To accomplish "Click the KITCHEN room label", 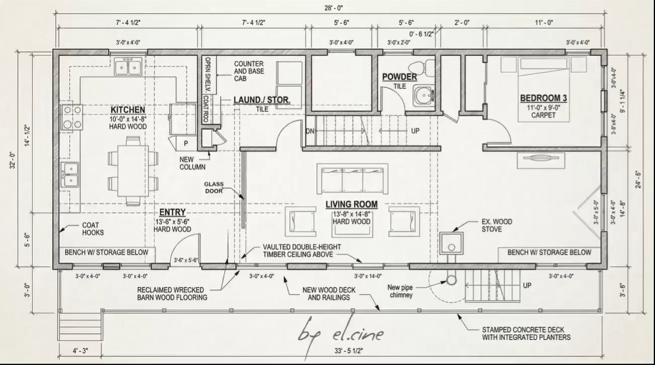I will tap(127, 110).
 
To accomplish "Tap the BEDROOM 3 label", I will tap(543, 98).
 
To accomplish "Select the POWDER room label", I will tap(399, 77).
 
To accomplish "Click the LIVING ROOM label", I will tap(352, 204).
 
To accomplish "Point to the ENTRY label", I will tap(172, 213).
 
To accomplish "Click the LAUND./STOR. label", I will tap(262, 100).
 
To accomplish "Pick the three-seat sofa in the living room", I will tap(353, 179).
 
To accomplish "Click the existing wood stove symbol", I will tap(451, 243).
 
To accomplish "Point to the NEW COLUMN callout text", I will tap(192, 163).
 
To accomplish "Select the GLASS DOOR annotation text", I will tap(213, 187).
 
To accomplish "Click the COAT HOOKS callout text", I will tap(93, 229).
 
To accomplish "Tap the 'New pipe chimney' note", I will tap(400, 291).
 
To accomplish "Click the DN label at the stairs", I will tap(310, 130).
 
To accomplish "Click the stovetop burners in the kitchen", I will tap(72, 117).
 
